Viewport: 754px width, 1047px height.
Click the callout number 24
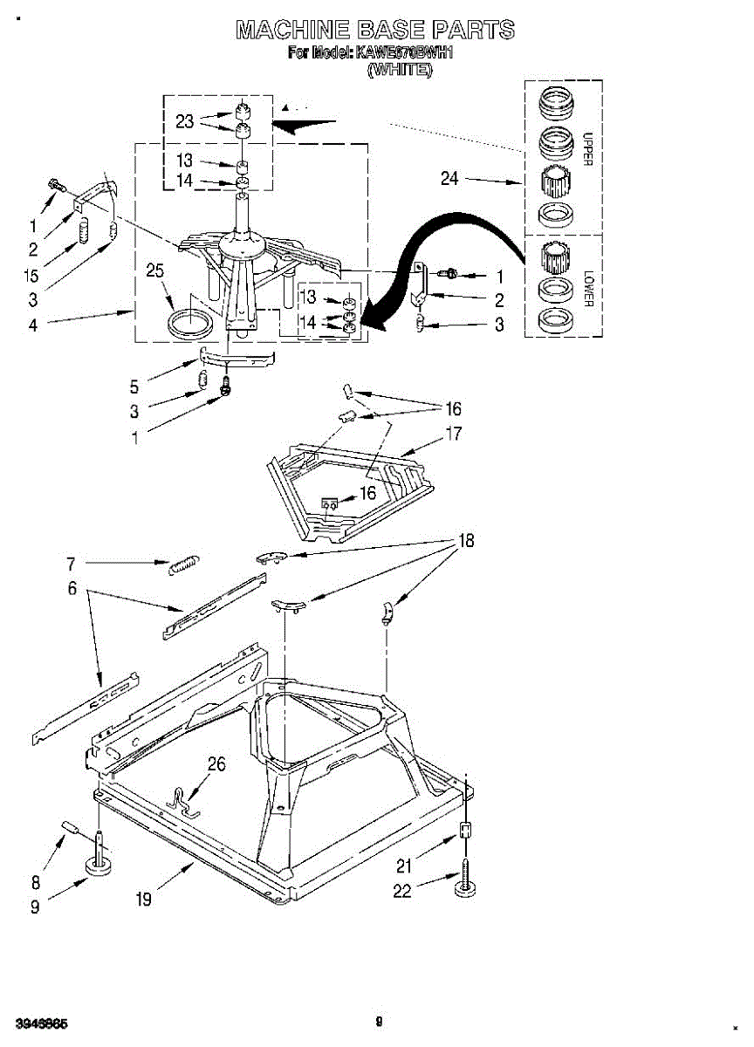pos(449,179)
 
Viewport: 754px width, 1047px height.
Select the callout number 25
pos(154,271)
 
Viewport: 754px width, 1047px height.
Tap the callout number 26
pos(216,765)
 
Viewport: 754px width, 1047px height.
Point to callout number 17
pos(454,433)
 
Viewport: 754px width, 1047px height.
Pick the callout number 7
pos(72,564)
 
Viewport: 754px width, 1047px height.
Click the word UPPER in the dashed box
pos(587,149)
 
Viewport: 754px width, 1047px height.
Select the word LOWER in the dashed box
pos(587,287)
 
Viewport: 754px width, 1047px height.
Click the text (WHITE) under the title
pos(400,70)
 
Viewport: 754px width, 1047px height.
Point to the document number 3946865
pos(36,1023)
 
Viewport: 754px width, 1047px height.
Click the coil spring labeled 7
pos(184,565)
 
